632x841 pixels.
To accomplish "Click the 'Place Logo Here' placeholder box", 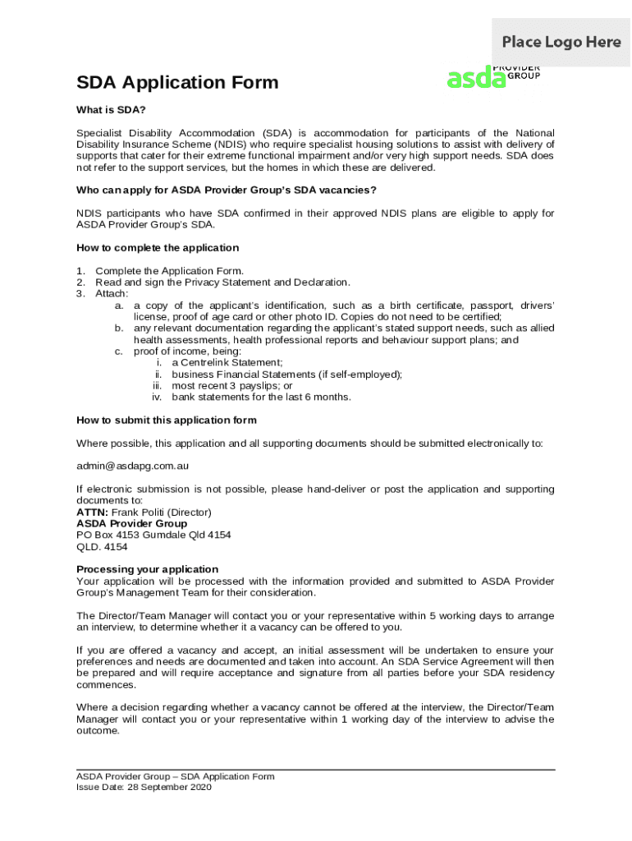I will tap(561, 42).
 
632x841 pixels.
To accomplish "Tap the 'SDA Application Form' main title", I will tap(177, 82).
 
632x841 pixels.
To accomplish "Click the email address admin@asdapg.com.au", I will tap(133, 466).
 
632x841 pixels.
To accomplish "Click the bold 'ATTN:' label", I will tap(92, 512).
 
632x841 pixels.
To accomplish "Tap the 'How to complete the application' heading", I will tap(158, 248).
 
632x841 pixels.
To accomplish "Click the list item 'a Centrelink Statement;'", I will tap(227, 363).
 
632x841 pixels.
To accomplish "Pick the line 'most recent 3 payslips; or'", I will tap(232, 386).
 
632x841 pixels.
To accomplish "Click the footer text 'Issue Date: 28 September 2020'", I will tap(144, 787).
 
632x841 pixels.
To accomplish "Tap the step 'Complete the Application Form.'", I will tap(169, 271).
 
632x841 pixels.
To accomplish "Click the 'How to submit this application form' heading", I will tap(167, 420).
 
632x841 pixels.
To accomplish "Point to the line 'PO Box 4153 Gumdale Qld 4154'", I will tap(153, 535).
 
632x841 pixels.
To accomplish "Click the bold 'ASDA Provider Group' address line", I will tap(131, 523).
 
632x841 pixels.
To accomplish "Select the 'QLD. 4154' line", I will tap(102, 546).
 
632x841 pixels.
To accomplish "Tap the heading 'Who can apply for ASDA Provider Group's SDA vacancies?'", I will tap(227, 191).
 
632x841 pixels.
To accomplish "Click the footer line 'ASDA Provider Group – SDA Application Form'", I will tap(176, 776).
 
